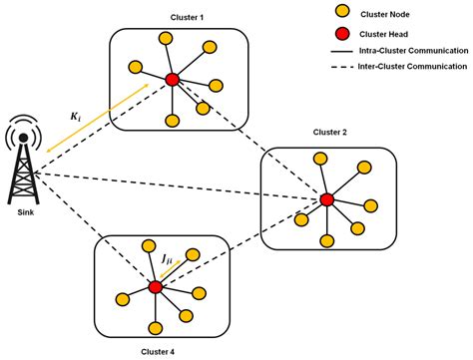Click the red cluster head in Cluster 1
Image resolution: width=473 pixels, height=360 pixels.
172,79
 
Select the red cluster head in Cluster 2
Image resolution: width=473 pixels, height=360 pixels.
326,200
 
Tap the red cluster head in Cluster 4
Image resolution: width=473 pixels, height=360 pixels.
156,287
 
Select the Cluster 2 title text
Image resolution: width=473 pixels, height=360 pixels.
329,132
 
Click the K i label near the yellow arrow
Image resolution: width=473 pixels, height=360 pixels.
75,117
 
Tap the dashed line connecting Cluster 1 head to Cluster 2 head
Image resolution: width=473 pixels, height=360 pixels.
249,140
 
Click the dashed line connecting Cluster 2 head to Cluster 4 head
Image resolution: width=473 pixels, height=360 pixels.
240,244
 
